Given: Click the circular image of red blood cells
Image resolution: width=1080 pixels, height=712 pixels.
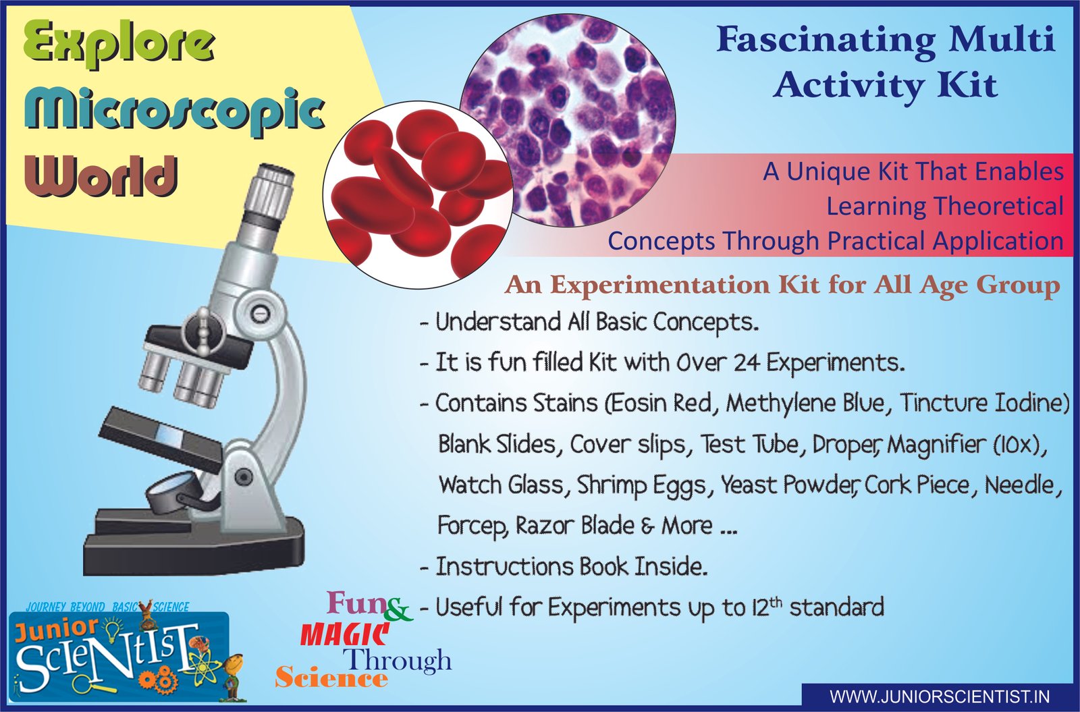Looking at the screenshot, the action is pos(418,195).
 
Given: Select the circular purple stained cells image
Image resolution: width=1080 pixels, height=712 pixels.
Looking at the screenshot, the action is pos(568,120).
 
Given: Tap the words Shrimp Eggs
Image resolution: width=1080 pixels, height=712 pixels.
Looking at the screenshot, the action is pos(641,485).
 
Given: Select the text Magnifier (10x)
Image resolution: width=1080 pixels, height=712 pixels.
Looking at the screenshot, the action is pos(966,445).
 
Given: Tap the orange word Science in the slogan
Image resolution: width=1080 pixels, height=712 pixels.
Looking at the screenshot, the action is pos(331,678).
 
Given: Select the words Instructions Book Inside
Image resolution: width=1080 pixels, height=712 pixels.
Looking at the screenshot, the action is pos(572,567).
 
